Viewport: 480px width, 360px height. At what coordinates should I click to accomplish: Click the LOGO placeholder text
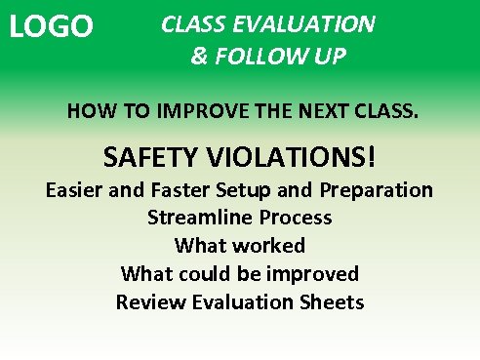51,27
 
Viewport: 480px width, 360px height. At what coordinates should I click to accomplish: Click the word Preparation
377,190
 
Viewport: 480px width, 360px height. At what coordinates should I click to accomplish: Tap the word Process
292,218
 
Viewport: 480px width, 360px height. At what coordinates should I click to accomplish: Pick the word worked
272,245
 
